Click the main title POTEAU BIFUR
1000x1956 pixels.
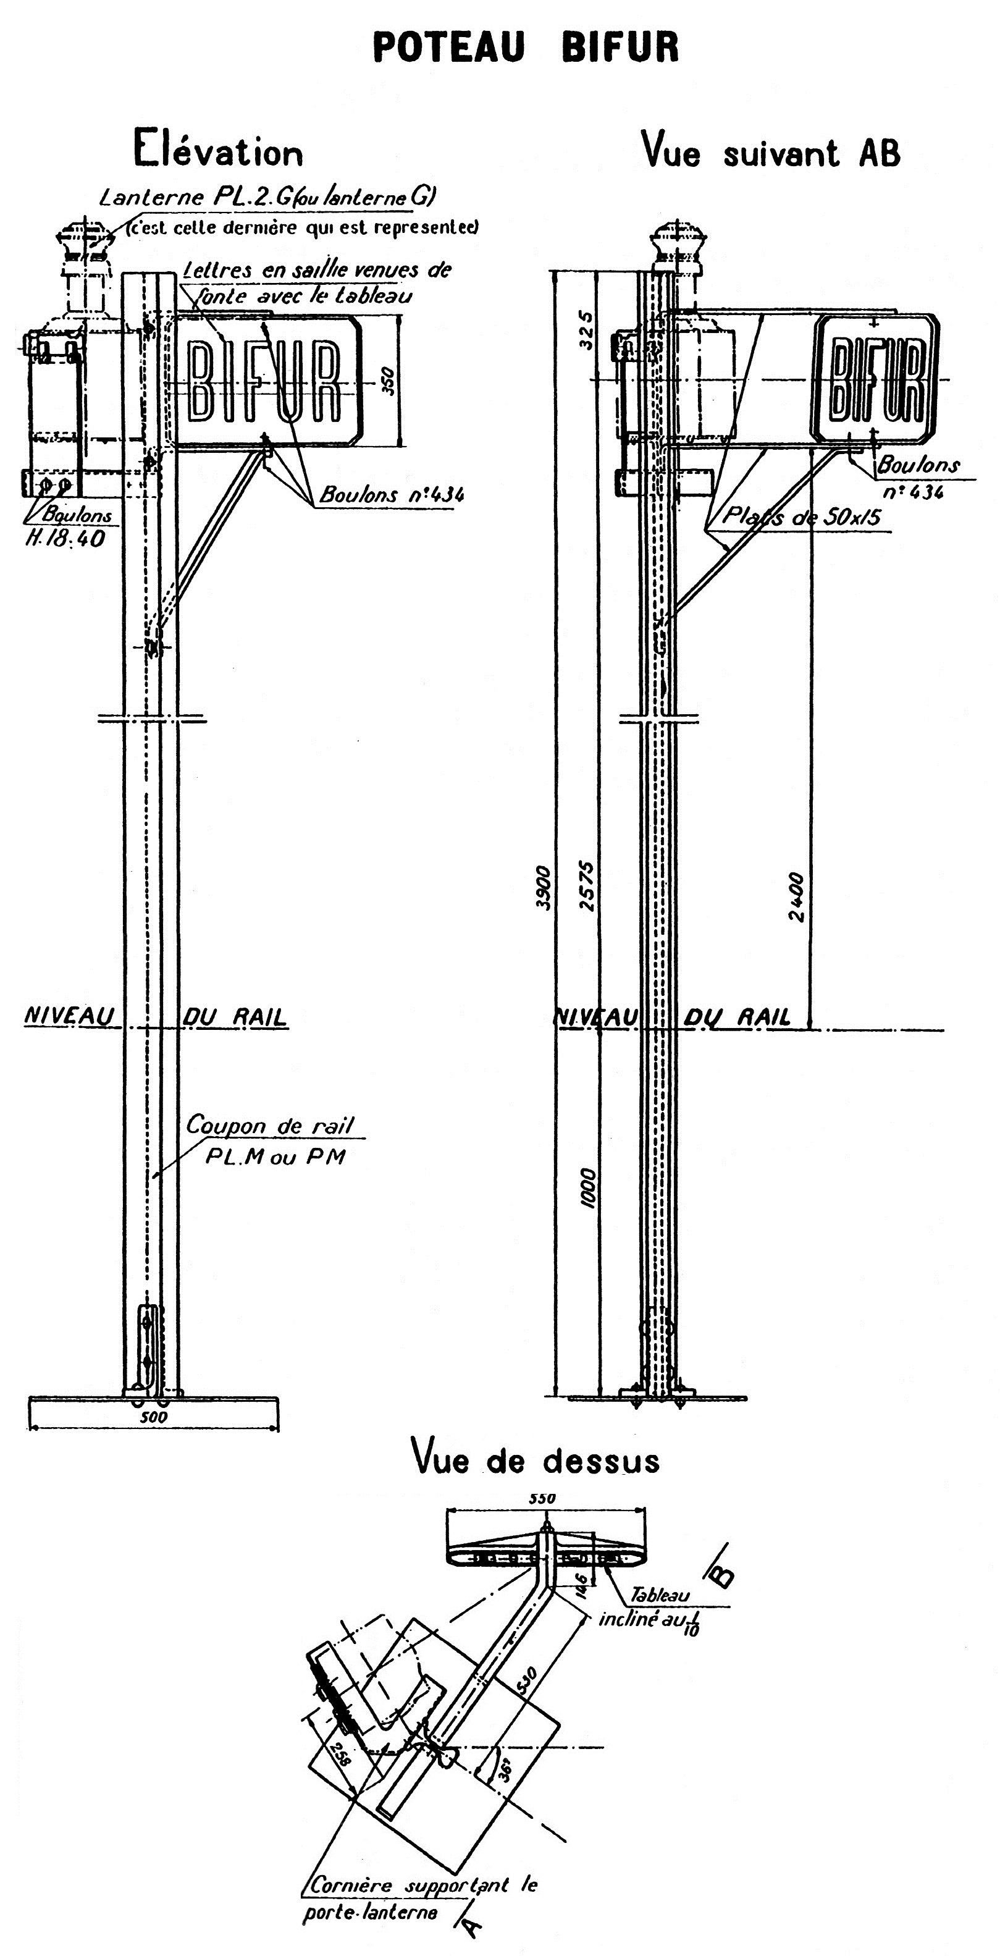click(526, 47)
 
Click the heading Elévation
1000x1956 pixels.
click(219, 150)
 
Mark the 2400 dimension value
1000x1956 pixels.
click(795, 896)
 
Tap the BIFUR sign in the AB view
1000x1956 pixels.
click(876, 378)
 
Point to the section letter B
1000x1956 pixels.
click(722, 1574)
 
